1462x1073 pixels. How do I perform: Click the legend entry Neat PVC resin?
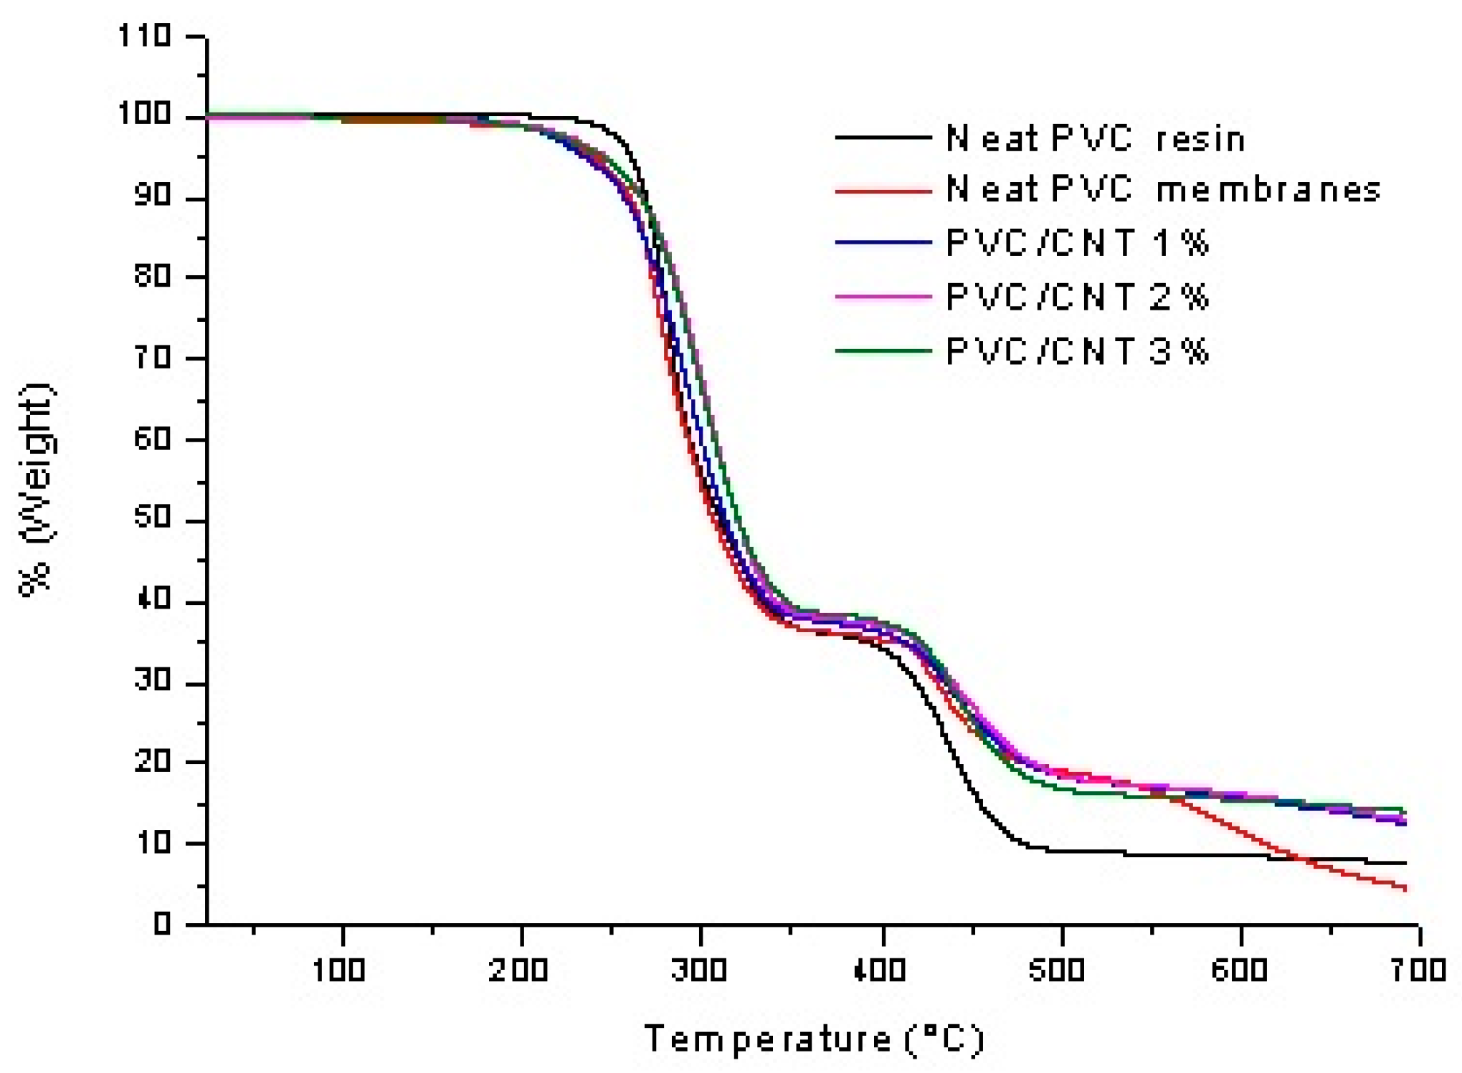1095,138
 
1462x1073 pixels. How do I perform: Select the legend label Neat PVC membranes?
1162,190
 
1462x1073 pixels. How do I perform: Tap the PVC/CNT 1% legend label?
1077,243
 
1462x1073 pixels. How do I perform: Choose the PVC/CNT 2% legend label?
1077,297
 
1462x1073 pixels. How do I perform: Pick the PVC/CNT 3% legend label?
1077,351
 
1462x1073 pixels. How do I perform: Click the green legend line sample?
883,351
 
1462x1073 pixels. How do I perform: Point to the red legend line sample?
883,191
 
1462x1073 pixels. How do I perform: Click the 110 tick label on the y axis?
145,36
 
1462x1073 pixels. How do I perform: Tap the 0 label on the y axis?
162,924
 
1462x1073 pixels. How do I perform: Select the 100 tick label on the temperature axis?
339,971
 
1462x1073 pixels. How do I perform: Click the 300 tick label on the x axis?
698,971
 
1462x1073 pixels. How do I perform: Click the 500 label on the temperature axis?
1057,971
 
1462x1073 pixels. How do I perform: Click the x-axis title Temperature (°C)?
815,1039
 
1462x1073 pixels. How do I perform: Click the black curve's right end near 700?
1404,863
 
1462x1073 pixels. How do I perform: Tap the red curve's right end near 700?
1404,888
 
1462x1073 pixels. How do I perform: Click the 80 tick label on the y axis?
152,276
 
